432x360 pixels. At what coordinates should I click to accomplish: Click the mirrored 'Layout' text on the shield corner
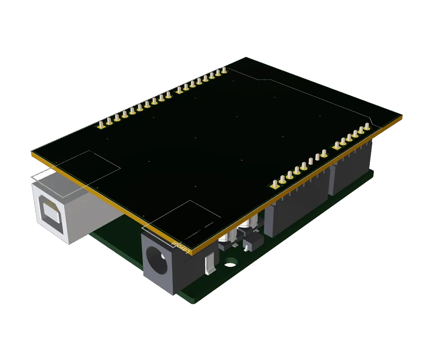click(x=180, y=246)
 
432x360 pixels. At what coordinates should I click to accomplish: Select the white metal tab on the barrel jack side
click(x=209, y=265)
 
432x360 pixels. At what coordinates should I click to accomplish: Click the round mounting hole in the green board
click(x=231, y=261)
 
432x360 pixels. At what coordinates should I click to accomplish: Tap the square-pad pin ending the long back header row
click(x=101, y=124)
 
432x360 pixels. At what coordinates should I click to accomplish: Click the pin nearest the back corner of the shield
click(x=224, y=70)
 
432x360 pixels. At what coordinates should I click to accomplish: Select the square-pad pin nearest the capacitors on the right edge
click(x=275, y=184)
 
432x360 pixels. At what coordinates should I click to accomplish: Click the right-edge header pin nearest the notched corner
click(x=367, y=126)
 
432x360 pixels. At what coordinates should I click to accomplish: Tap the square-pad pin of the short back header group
click(x=179, y=90)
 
